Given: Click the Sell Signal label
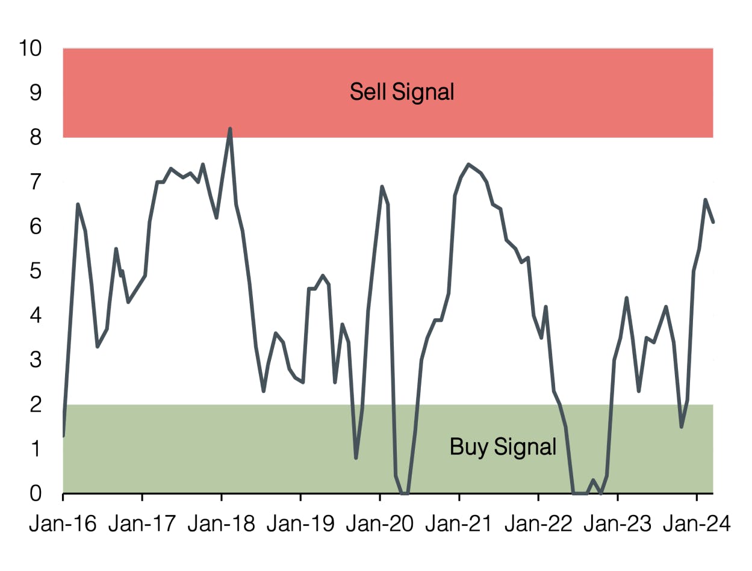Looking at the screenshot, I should coord(402,92).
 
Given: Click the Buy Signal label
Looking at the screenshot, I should coord(503,447).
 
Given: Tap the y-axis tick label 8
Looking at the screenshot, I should coord(36,138).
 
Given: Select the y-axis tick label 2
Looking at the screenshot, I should coord(36,404).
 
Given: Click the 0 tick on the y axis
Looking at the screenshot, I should coord(36,493).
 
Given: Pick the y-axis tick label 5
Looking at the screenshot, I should coord(36,271).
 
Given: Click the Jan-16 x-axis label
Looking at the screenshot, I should coord(63,524).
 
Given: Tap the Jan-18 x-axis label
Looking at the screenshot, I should coord(222,524).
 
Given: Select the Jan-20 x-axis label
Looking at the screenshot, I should coord(380,524).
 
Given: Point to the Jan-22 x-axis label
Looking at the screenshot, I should coord(538,524).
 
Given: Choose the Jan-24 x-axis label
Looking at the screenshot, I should coord(697,524).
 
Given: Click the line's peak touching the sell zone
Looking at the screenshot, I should coord(230,129).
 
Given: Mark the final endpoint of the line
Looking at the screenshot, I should coord(713,222).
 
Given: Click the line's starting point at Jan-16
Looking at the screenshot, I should coord(63,435).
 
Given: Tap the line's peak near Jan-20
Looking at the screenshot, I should coord(382,187).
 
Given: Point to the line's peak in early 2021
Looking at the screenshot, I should coord(468,164).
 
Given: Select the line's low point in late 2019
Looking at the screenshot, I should coord(356,458).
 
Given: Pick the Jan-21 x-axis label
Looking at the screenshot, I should coord(459,524).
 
